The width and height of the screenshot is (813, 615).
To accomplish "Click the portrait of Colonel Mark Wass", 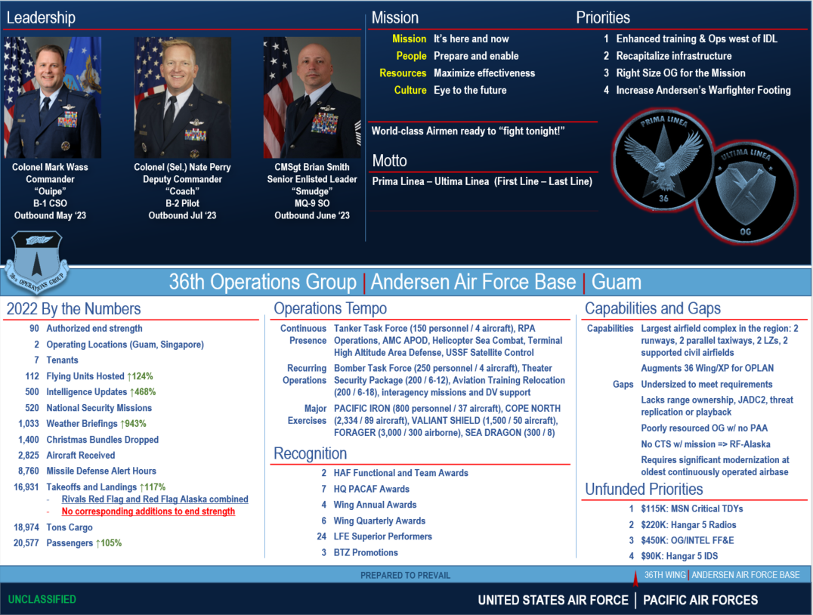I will [52, 97].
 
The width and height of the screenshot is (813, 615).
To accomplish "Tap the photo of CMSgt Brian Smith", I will [311, 97].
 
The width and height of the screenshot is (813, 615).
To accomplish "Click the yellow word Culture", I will [410, 91].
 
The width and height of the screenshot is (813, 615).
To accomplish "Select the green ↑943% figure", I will [134, 424].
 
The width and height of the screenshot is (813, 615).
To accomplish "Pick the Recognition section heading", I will [311, 453].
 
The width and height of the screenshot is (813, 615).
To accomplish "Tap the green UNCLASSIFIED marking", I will [42, 599].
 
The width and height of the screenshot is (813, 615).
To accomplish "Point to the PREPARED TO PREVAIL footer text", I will [405, 575].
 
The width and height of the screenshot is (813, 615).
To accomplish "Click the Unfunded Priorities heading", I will [644, 490].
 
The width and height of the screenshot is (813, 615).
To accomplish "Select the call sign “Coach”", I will [182, 191].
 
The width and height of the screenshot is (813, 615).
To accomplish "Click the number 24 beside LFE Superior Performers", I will [321, 536].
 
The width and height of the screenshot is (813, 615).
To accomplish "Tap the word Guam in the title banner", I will [617, 283].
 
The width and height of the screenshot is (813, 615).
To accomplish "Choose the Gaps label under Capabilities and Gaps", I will [623, 385].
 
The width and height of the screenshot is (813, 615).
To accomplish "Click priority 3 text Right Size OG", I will [681, 73].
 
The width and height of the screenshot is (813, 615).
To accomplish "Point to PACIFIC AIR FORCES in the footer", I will [700, 600].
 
